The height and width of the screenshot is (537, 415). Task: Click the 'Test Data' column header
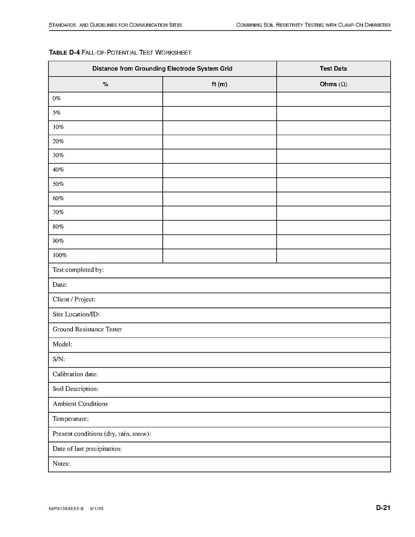pyautogui.click(x=333, y=69)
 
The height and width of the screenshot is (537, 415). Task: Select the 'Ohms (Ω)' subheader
pyautogui.click(x=333, y=84)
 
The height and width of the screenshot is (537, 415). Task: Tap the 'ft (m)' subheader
pyautogui.click(x=220, y=84)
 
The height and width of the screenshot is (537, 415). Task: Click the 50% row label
pyautogui.click(x=58, y=184)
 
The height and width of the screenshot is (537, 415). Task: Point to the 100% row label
pyautogui.click(x=60, y=255)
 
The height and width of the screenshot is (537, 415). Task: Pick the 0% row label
pyautogui.click(x=56, y=98)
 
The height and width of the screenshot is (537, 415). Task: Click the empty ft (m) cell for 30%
pyautogui.click(x=220, y=156)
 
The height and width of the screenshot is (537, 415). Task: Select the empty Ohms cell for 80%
pyautogui.click(x=333, y=227)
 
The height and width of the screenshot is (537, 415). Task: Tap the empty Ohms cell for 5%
pyautogui.click(x=333, y=113)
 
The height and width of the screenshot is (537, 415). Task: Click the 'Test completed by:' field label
pyautogui.click(x=78, y=270)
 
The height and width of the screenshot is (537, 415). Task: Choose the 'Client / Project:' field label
pyautogui.click(x=74, y=299)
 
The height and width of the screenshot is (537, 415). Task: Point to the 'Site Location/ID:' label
pyautogui.click(x=76, y=314)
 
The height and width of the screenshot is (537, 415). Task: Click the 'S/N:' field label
pyautogui.click(x=59, y=359)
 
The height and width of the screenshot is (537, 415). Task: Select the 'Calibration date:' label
pyautogui.click(x=75, y=374)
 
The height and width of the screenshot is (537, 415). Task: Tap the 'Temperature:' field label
pyautogui.click(x=71, y=419)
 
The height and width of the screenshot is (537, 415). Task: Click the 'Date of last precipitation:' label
pyautogui.click(x=87, y=448)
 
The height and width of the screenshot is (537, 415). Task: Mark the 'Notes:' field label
pyautogui.click(x=61, y=463)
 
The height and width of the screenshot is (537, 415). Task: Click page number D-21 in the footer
pyautogui.click(x=383, y=508)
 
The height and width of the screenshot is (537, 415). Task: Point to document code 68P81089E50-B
pyautogui.click(x=66, y=509)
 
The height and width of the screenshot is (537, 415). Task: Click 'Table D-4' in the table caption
pyautogui.click(x=64, y=52)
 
